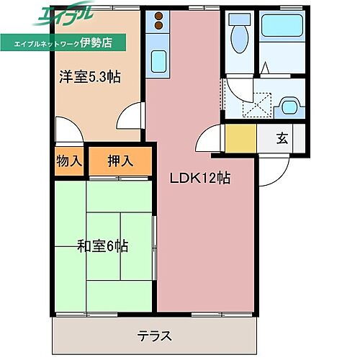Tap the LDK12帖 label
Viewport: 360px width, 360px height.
point(200,178)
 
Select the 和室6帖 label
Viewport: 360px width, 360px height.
point(103,246)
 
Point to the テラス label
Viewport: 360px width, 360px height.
point(154,336)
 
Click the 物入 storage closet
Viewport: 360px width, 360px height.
point(69,161)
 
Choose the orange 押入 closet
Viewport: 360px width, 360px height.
point(120,161)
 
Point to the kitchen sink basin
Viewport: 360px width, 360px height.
point(159,59)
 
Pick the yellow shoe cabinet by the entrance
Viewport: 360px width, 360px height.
point(240,138)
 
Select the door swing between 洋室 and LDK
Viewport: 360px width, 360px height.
point(132,115)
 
